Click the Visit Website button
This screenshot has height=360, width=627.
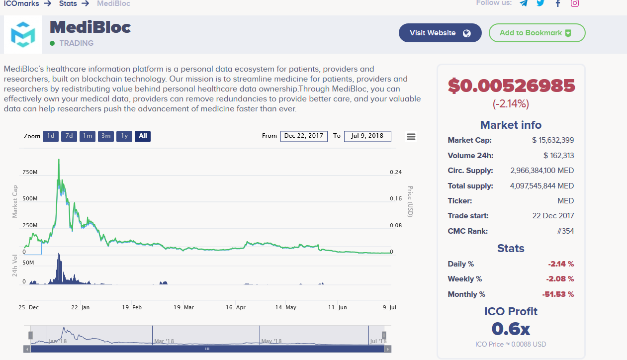pyautogui.click(x=440, y=33)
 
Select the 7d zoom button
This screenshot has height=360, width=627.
pyautogui.click(x=69, y=136)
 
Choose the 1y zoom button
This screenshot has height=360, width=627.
pyautogui.click(x=124, y=136)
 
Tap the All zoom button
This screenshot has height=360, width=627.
pyautogui.click(x=143, y=136)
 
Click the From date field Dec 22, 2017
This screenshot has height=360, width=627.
pyautogui.click(x=304, y=136)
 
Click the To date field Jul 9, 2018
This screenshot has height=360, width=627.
pyautogui.click(x=367, y=136)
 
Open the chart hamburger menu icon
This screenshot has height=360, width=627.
pyautogui.click(x=411, y=136)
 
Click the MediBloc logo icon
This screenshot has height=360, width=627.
pyautogui.click(x=23, y=34)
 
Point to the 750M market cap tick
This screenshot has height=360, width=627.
pyautogui.click(x=30, y=172)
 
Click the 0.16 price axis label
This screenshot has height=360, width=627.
pyautogui.click(x=396, y=198)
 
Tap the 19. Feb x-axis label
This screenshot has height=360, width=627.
pyautogui.click(x=132, y=307)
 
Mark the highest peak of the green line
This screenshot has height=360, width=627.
pyautogui.click(x=59, y=160)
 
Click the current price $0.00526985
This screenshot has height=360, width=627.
pyautogui.click(x=511, y=86)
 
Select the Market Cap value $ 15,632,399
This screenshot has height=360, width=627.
pyautogui.click(x=552, y=140)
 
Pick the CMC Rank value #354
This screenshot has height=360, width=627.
pyautogui.click(x=565, y=231)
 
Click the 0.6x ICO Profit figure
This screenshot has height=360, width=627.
pyautogui.click(x=511, y=329)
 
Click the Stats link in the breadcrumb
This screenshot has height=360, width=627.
pyautogui.click(x=68, y=3)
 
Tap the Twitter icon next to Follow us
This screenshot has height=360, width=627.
pyautogui.click(x=540, y=3)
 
